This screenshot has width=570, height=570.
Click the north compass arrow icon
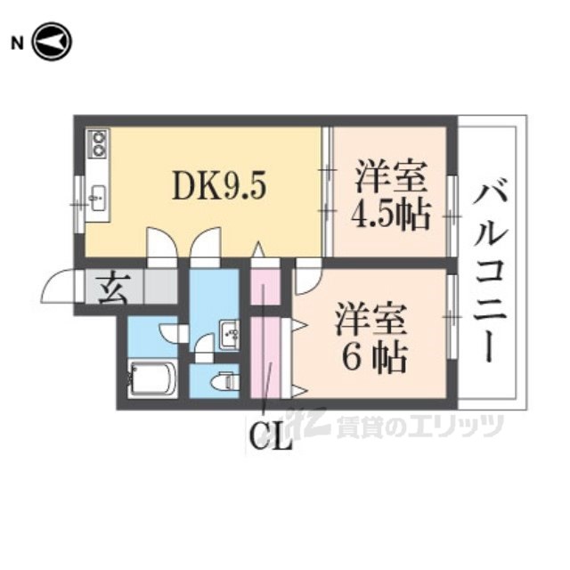(x=52, y=42)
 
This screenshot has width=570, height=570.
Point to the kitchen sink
(x=97, y=196)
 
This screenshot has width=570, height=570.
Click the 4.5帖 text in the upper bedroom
(x=391, y=215)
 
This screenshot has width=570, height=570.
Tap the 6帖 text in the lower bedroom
(x=375, y=357)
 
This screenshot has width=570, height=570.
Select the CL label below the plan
(x=270, y=437)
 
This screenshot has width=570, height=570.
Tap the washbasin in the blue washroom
(x=228, y=334)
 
